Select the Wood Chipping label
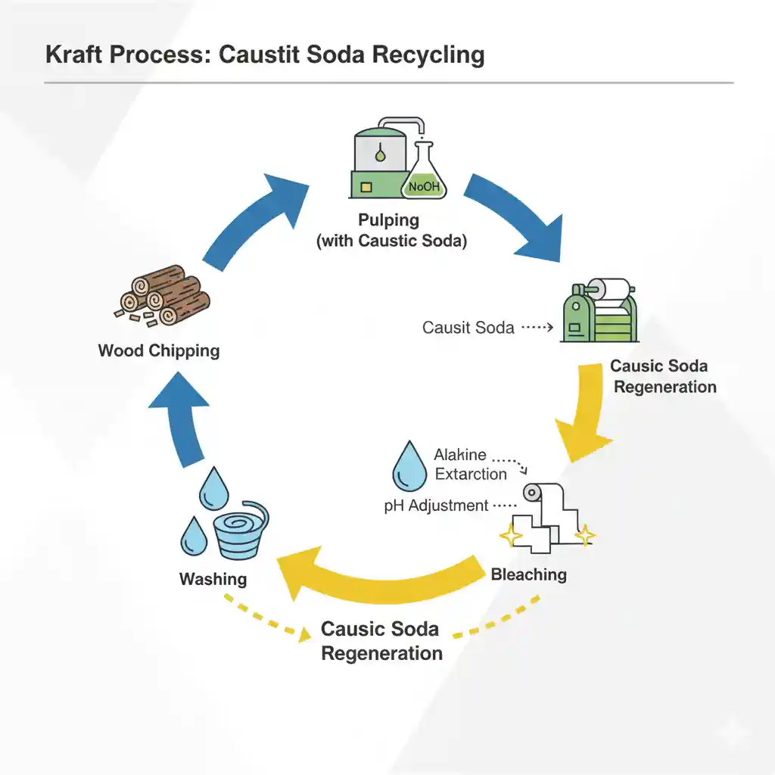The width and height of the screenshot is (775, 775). pyautogui.click(x=159, y=351)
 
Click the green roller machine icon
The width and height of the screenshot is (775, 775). pyautogui.click(x=602, y=312)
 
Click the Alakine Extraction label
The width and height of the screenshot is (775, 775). pyautogui.click(x=470, y=465)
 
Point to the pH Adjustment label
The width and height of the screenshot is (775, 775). pyautogui.click(x=436, y=506)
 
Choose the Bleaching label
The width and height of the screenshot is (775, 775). pyautogui.click(x=528, y=574)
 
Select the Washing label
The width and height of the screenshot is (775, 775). pyautogui.click(x=213, y=579)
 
